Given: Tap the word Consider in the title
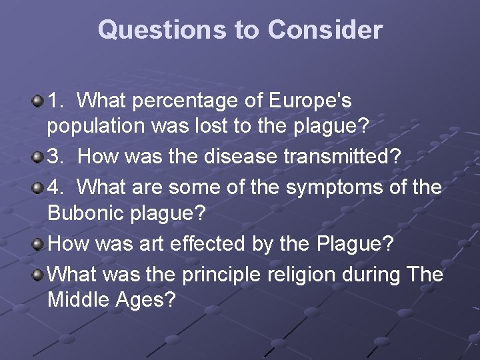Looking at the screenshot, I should [325, 30].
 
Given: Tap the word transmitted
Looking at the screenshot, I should [351, 158].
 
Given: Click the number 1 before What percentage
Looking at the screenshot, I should [55, 101].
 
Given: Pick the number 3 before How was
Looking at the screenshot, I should [55, 158].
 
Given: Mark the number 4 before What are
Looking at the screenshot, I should [55, 187].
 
